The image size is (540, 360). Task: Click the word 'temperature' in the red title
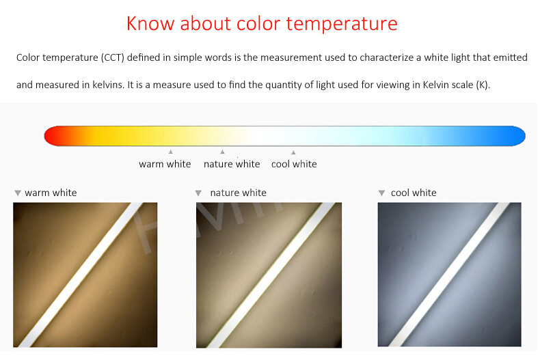click(341, 24)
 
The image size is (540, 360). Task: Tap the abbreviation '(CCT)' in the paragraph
click(103, 58)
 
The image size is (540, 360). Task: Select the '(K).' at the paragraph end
click(483, 85)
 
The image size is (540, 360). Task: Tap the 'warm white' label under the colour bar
click(165, 164)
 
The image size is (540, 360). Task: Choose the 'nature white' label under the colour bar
click(232, 164)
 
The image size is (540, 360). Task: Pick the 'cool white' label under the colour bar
click(294, 164)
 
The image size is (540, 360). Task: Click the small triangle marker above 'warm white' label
click(170, 152)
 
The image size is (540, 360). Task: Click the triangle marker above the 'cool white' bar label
click(293, 152)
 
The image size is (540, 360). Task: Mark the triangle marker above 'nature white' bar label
click(222, 152)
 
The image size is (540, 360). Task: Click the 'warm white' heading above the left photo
click(51, 193)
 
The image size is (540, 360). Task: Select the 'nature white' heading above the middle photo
click(238, 193)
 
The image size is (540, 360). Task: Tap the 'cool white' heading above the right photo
click(414, 193)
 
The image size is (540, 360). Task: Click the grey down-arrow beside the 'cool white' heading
click(381, 193)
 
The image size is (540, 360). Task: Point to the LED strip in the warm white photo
click(85, 275)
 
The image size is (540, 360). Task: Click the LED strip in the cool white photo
click(450, 275)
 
